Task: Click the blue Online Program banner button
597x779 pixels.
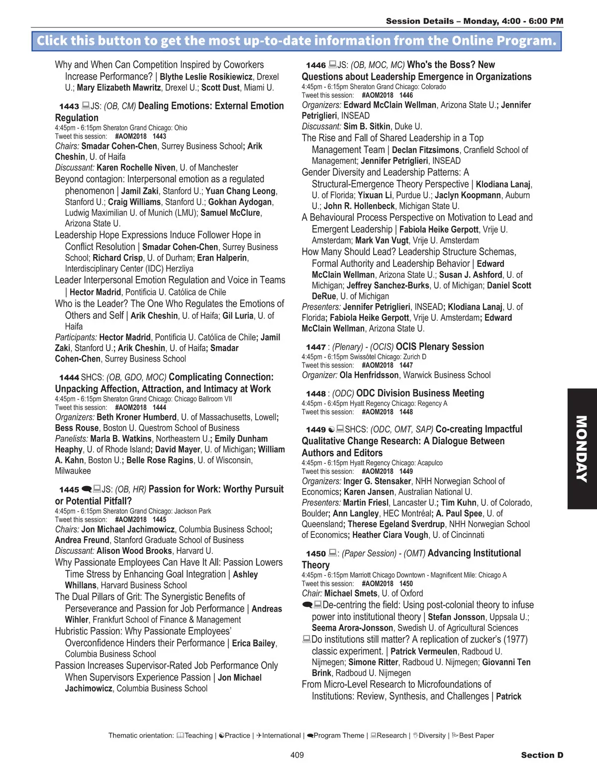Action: coord(297,41)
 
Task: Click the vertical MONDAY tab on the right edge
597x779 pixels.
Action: coord(582,448)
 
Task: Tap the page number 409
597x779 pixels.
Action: coord(297,755)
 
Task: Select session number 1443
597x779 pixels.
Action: coord(69,106)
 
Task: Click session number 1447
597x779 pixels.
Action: coord(316,347)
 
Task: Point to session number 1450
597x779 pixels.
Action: coord(316,554)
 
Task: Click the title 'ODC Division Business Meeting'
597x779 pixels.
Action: coord(420,393)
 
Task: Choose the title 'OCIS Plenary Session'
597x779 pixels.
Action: coord(440,347)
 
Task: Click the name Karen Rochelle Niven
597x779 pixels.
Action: coord(136,168)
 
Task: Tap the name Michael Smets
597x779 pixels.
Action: coord(351,593)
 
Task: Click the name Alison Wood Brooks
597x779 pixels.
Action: coord(134,551)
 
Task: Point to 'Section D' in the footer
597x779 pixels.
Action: coord(542,755)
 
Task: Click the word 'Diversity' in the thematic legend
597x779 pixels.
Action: coord(432,736)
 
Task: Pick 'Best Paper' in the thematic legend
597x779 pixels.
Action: coord(476,736)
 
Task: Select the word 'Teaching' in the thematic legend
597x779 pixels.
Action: coord(199,736)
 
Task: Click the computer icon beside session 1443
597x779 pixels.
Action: coord(86,106)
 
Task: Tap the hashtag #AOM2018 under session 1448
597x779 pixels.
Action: coord(377,412)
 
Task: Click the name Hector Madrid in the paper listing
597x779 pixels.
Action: coord(95,292)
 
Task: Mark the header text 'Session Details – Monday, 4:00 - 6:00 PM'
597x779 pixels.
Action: coord(474,21)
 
